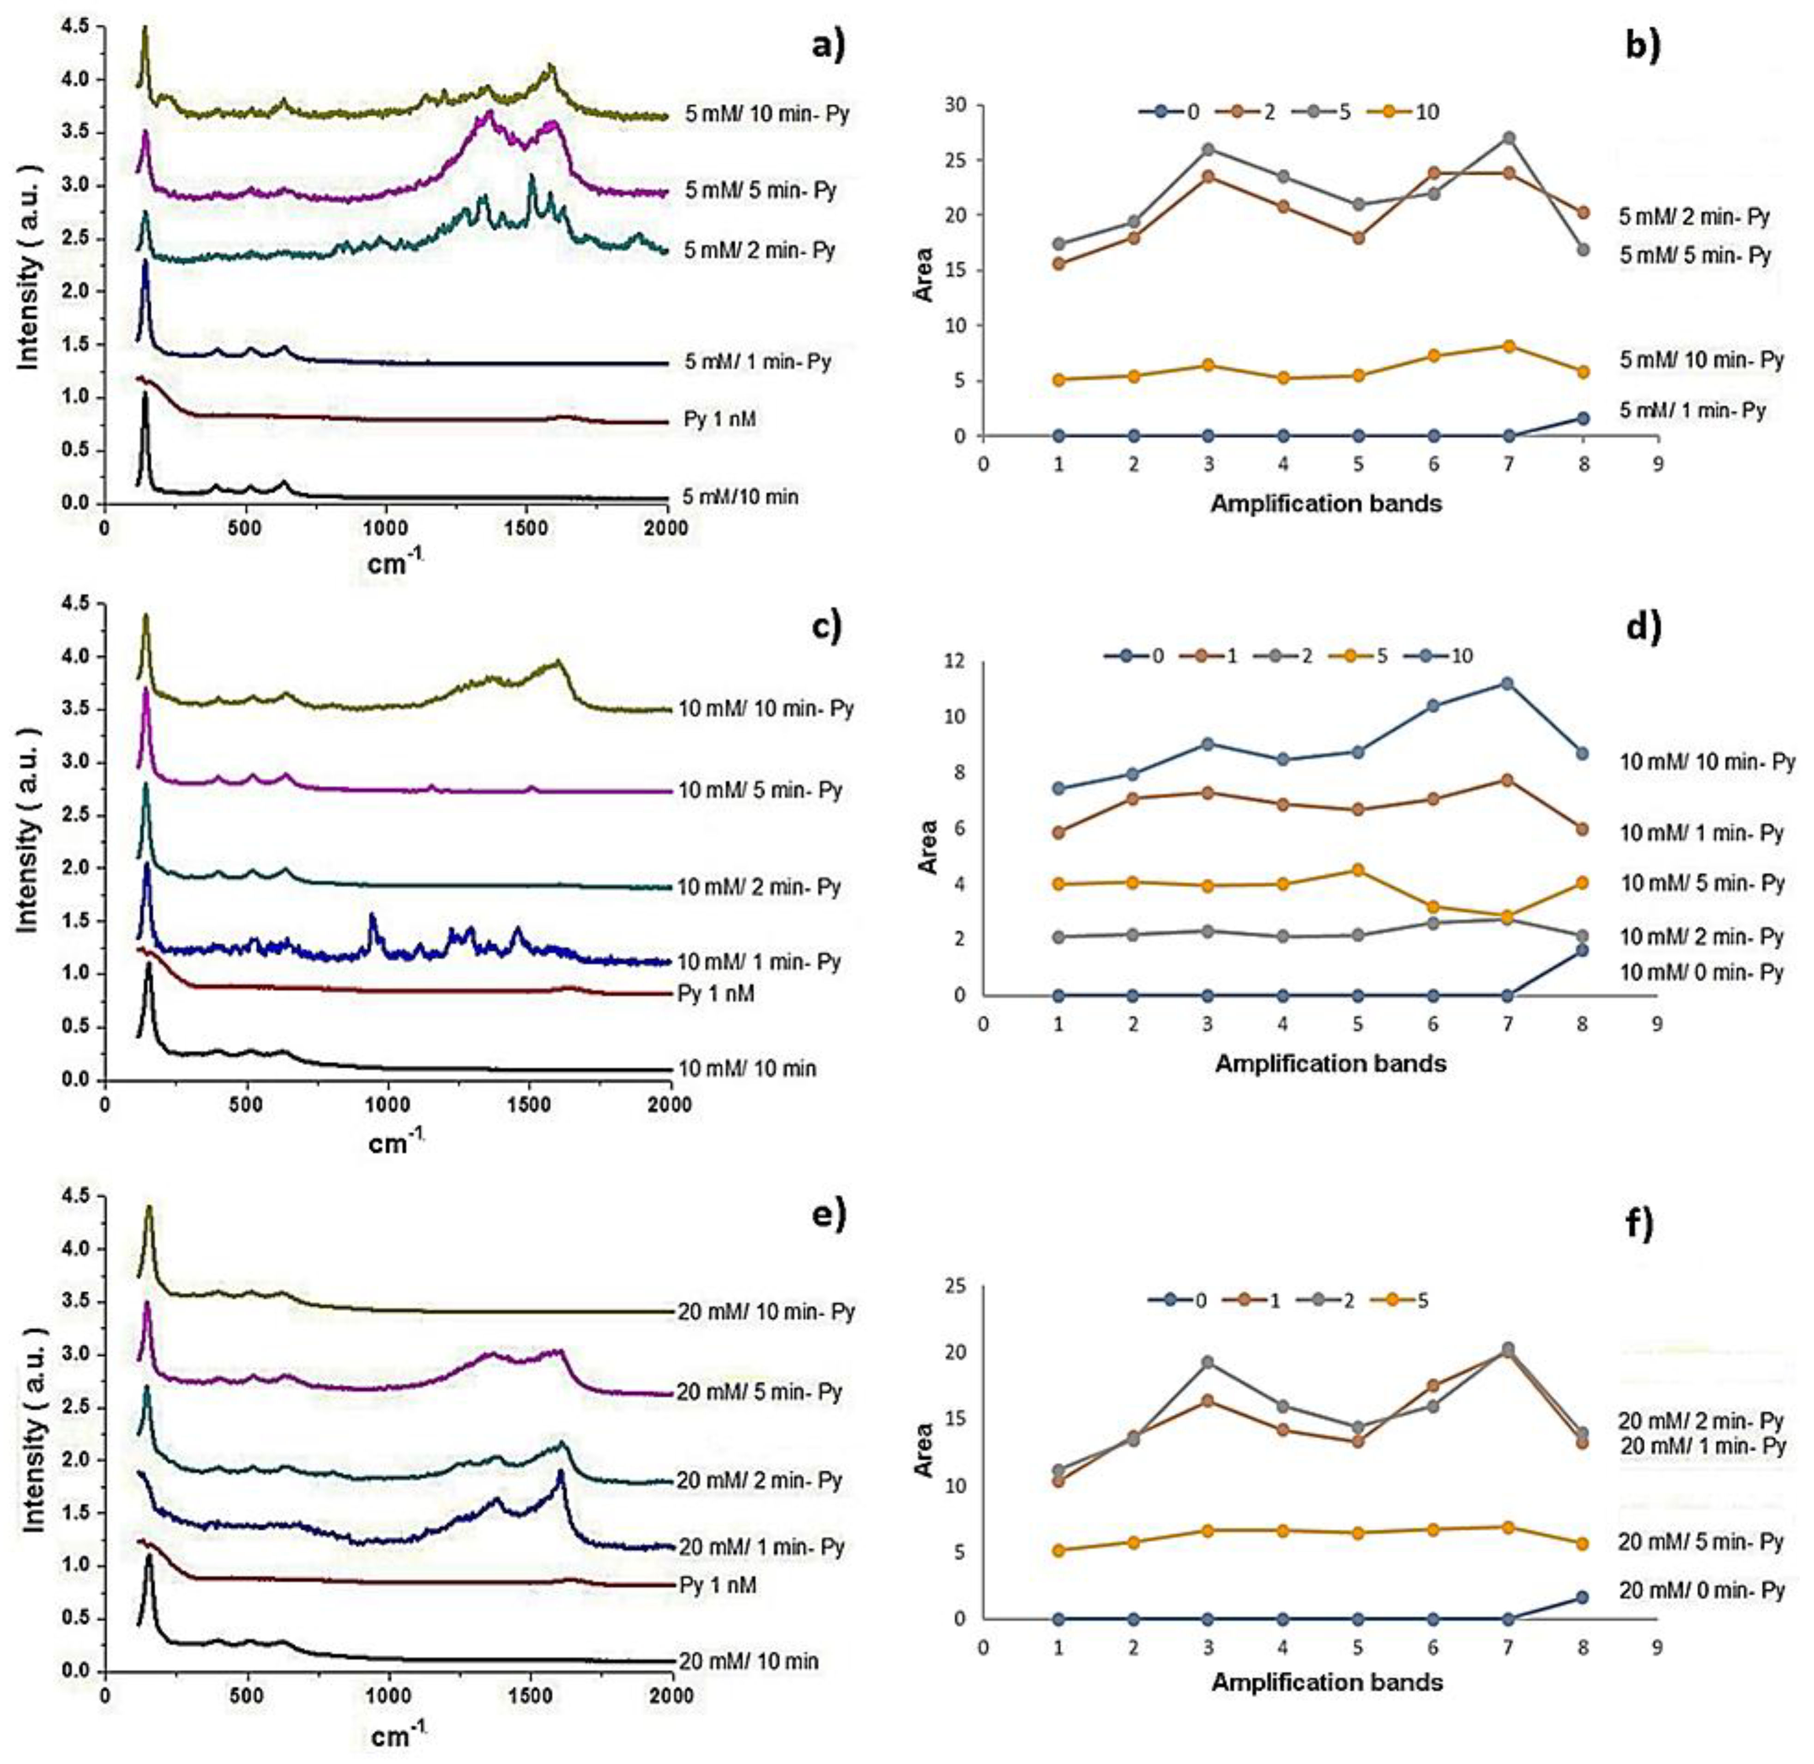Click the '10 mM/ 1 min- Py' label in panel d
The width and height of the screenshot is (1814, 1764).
(x=1701, y=833)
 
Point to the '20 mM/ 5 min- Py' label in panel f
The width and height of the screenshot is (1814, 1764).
(x=1701, y=1543)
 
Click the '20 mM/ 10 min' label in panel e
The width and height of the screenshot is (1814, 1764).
(x=749, y=1661)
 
